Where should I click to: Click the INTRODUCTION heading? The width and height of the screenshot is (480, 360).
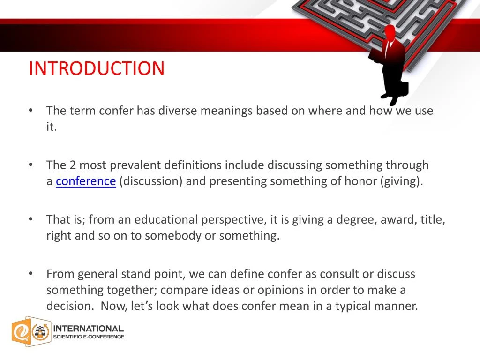(97, 68)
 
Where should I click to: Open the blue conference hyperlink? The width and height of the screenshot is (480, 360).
(86, 181)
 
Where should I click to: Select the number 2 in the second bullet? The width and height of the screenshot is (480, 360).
(73, 165)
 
